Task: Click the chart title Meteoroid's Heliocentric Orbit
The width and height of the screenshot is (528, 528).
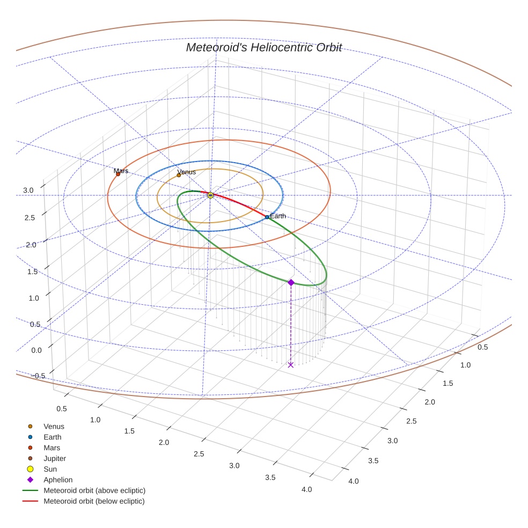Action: click(x=263, y=47)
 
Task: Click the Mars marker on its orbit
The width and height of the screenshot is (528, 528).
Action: click(x=118, y=174)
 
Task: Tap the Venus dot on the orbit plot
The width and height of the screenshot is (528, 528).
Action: click(x=179, y=175)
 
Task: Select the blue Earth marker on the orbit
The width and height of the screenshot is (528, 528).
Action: click(x=267, y=217)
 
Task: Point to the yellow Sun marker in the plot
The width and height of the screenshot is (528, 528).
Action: click(x=210, y=195)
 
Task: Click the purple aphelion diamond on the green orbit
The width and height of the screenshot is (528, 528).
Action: click(x=291, y=282)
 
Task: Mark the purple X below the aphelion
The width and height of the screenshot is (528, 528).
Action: click(x=291, y=365)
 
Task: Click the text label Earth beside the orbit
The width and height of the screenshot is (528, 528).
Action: click(x=278, y=216)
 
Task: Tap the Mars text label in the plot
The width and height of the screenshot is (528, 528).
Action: click(x=121, y=171)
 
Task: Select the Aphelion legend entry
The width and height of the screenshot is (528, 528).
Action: click(x=58, y=480)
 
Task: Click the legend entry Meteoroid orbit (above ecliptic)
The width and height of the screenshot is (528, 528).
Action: click(x=94, y=490)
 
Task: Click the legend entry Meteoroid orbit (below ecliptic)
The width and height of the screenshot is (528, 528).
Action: click(x=94, y=501)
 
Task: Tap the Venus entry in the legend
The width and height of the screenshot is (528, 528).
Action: click(x=54, y=426)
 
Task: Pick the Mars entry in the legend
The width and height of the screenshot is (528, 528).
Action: click(x=52, y=448)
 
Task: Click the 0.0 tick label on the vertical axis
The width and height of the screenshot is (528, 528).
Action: click(x=37, y=350)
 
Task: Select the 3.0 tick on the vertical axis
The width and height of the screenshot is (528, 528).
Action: click(x=28, y=190)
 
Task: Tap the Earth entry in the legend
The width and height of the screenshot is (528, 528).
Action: click(x=53, y=437)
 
